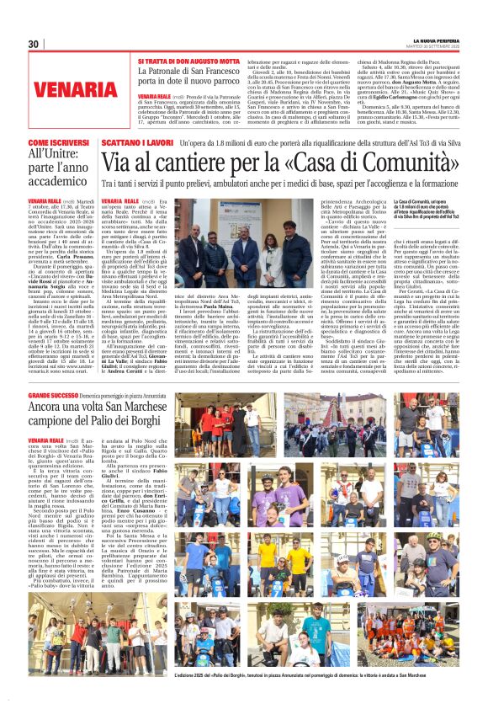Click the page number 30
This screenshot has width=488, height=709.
tap(34, 44)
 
